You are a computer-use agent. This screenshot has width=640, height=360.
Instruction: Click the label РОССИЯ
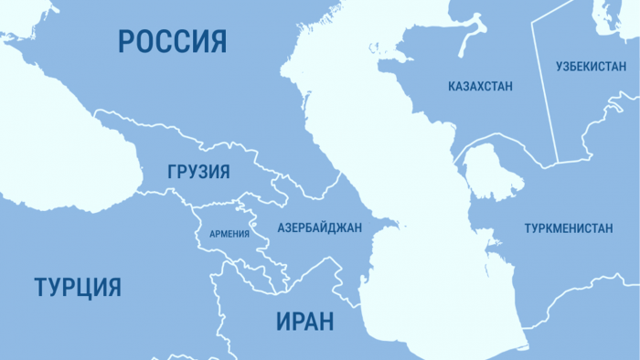coord(172,41)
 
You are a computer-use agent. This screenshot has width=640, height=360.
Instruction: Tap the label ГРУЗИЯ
coord(198,172)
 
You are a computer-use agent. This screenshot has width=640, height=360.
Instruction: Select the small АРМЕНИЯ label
coord(229,234)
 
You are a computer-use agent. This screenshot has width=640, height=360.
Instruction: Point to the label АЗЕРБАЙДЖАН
coord(320,227)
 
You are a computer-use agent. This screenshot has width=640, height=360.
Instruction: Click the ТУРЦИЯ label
coord(78,287)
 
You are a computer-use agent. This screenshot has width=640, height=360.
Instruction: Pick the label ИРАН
coord(304,322)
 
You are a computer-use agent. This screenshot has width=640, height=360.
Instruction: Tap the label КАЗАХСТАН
coord(480,87)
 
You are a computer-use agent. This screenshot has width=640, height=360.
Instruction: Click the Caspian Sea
coord(402,174)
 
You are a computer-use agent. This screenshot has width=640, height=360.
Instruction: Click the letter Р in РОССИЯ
coord(126,41)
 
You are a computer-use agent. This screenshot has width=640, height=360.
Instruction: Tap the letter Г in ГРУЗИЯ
coord(173,172)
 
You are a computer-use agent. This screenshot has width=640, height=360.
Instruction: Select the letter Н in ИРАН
coord(325,322)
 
